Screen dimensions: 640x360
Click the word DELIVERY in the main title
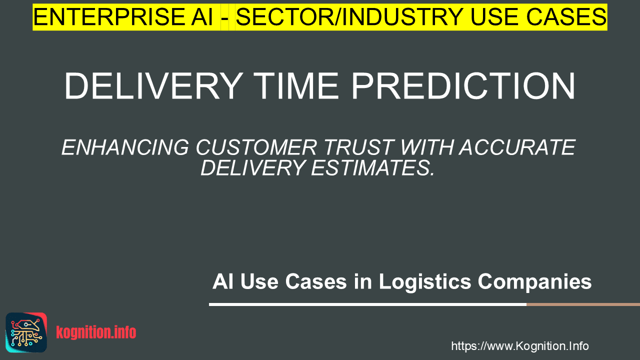point(153,86)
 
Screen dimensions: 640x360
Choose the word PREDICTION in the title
point(463,86)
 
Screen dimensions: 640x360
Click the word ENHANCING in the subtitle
point(125,147)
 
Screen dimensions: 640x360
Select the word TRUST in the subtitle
point(359,147)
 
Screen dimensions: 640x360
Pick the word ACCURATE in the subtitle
point(517,147)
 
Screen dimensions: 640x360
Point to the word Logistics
point(425,282)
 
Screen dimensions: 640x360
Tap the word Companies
point(534,282)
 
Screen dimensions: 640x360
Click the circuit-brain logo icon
point(26,332)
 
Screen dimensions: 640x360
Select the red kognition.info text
point(96,332)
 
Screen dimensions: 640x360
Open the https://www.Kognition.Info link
point(519,346)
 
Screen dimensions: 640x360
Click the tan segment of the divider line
point(583,304)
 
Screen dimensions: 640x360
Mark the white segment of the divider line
point(367,304)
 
